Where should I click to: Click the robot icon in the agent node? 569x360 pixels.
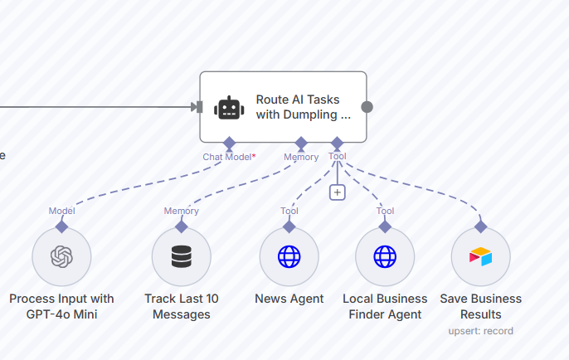pos(228,107)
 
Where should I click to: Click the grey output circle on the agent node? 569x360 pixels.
pos(367,107)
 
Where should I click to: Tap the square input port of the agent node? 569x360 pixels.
pos(197,106)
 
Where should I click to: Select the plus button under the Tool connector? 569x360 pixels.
pos(337,192)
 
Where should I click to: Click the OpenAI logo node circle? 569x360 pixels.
pos(61,257)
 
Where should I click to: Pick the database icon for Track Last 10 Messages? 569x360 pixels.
pos(182,257)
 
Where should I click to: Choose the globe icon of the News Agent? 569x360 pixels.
pos(289,257)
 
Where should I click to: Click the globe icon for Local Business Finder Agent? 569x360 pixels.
pos(385,257)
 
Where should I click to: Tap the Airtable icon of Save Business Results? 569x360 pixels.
pos(480,257)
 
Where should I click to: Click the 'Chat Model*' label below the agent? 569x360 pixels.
pos(229,156)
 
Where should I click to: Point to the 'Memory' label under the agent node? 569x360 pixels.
pos(301,156)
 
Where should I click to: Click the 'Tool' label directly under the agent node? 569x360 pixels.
pos(338,155)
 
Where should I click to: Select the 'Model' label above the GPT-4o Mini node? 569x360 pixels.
pos(61,211)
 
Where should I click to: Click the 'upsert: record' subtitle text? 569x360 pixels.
pos(480,331)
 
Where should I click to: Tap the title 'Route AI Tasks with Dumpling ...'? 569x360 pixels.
pos(303,107)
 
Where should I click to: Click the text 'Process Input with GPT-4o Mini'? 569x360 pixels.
pos(61,306)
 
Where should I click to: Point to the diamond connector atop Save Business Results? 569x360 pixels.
pos(480,226)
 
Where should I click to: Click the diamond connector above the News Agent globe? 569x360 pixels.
pos(289,226)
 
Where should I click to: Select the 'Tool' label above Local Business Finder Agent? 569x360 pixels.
pos(385,211)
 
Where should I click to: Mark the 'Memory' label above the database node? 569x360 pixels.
pos(181,211)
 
